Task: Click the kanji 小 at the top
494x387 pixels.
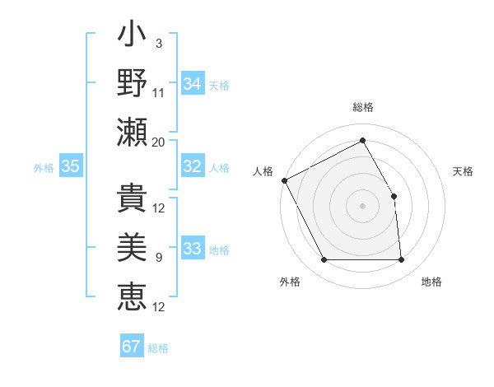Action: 132,38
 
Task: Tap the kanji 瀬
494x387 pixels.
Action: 132,132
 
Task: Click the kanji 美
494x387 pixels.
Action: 132,248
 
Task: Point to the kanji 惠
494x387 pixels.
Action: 132,296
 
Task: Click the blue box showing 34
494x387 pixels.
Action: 193,83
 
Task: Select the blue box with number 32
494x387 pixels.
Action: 193,166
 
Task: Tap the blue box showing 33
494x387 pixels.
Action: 193,249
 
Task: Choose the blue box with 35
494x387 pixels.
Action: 71,166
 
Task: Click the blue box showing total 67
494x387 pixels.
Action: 132,346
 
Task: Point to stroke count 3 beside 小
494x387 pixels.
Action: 158,43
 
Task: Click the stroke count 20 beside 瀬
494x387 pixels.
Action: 159,142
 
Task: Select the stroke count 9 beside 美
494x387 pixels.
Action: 158,258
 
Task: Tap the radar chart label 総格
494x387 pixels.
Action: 363,107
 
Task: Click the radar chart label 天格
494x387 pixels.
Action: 463,171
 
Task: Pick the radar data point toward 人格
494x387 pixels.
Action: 284,180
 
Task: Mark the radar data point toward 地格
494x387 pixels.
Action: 401,260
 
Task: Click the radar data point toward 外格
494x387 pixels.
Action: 324,260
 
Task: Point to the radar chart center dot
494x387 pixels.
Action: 362,205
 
